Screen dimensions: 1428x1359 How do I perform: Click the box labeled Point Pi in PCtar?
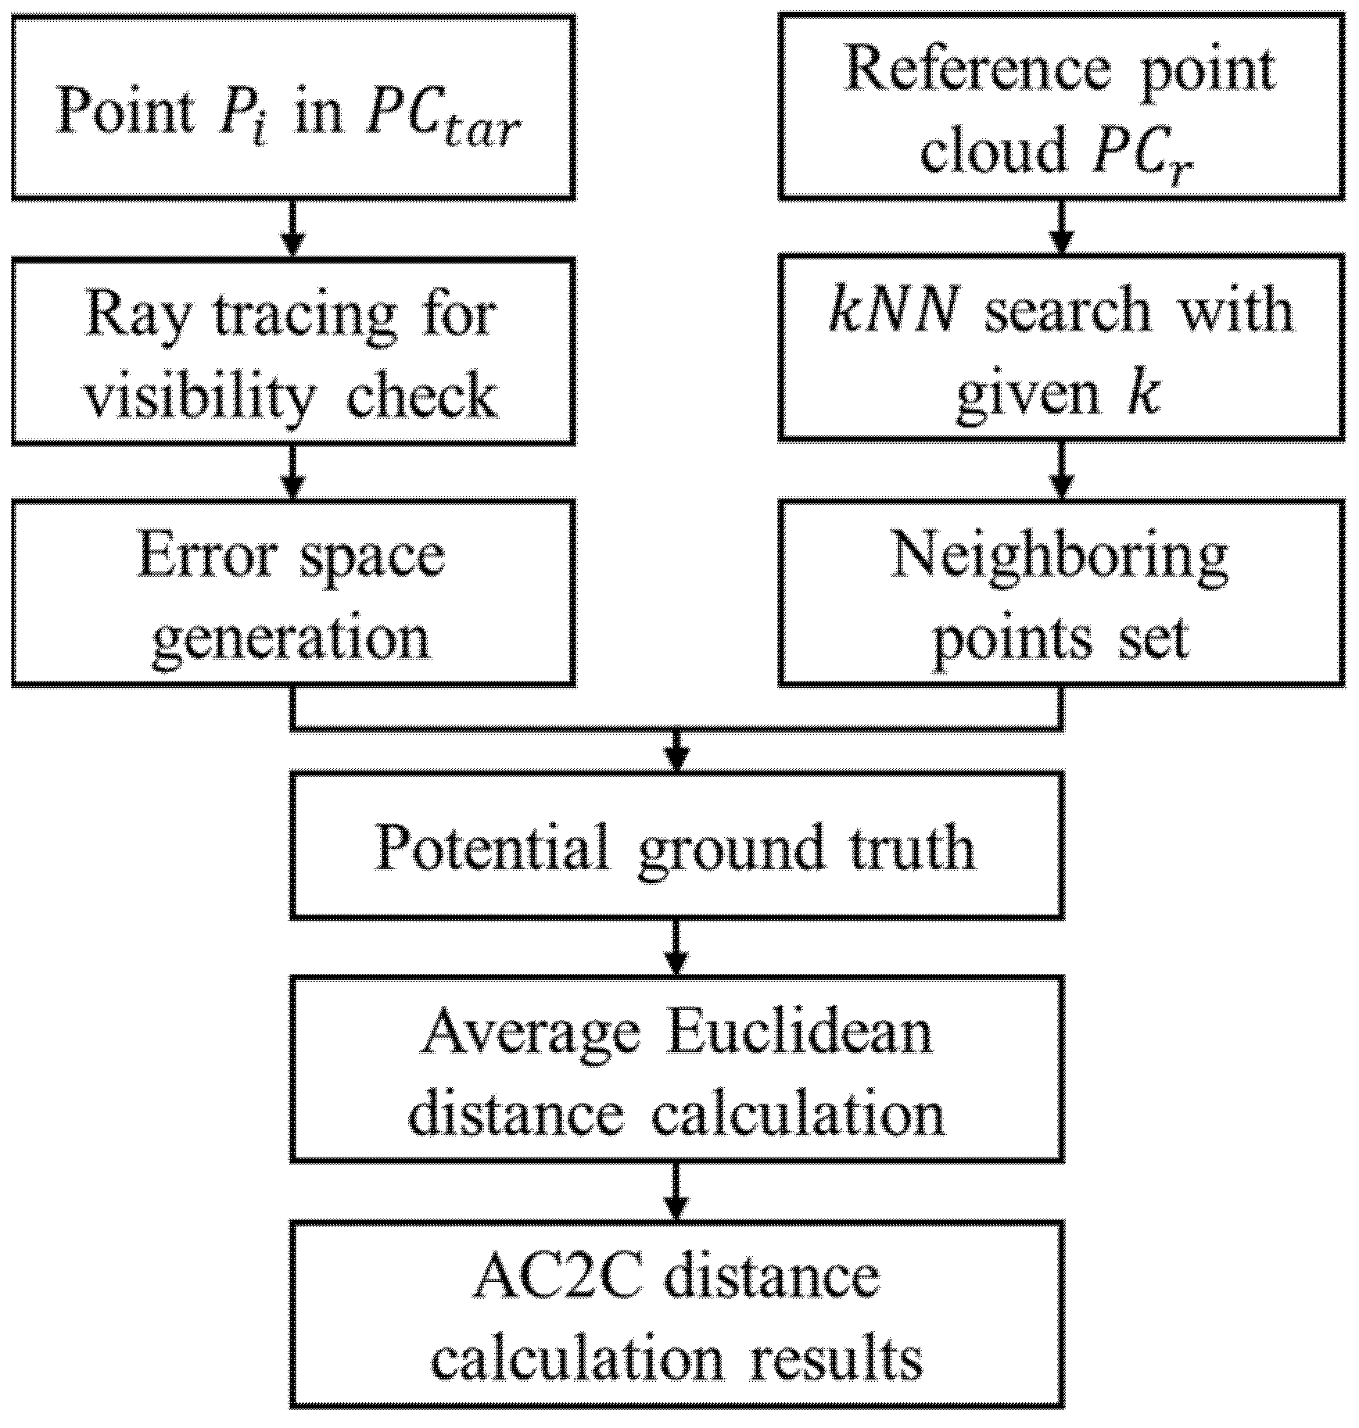click(293, 108)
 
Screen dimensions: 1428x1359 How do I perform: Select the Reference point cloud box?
click(1061, 108)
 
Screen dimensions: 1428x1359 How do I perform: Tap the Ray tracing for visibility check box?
click(293, 351)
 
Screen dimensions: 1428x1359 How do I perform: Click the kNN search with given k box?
click(1061, 347)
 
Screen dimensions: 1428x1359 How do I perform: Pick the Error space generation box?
click(293, 592)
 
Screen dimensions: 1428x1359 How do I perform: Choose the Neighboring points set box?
click(1061, 592)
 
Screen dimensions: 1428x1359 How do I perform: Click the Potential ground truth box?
click(676, 845)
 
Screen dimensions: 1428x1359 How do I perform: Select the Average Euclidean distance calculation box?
click(676, 1068)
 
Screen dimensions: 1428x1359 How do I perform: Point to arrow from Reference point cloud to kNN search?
click(1061, 227)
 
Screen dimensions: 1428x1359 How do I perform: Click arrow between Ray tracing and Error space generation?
click(292, 472)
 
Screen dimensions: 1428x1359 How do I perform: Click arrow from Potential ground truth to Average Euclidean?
click(677, 947)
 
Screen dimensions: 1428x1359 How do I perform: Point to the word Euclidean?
click(798, 1031)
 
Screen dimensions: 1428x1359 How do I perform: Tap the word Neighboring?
click(1060, 556)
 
